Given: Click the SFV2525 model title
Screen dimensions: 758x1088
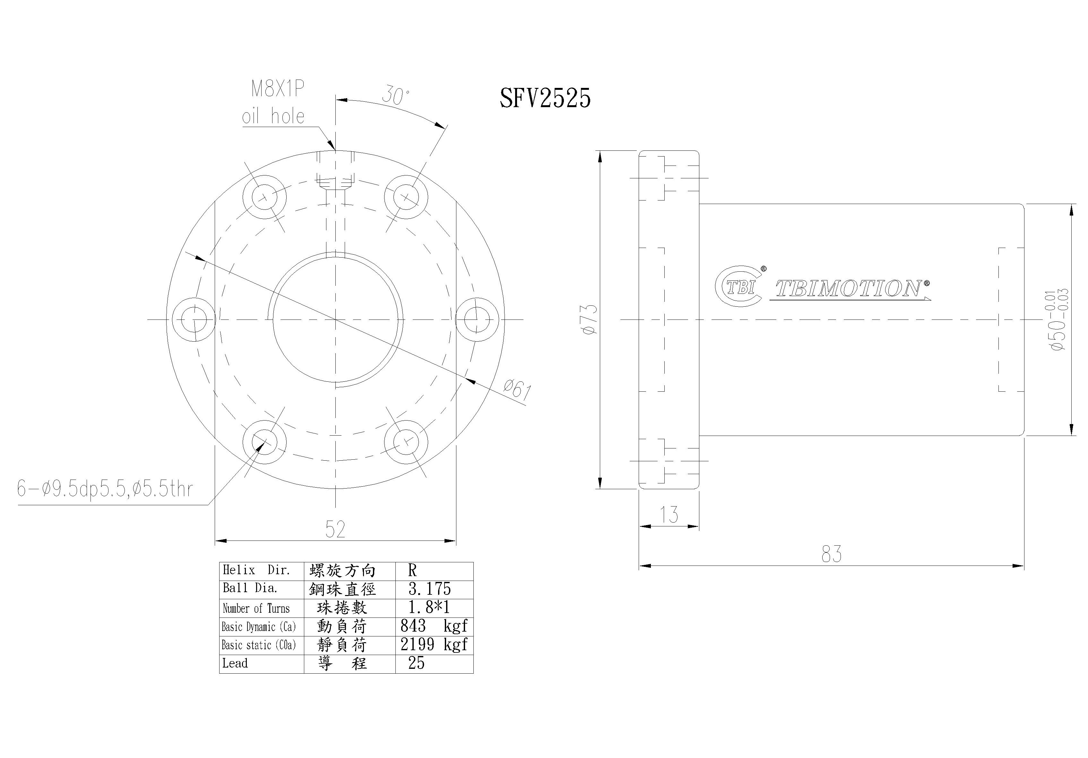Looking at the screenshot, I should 545,98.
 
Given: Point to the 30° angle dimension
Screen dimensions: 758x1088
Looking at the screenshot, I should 395,95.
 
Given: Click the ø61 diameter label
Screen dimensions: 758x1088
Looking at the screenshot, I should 517,390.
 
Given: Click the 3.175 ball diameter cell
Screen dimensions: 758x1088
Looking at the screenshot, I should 430,589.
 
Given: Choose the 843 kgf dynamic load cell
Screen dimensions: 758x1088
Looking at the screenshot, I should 434,626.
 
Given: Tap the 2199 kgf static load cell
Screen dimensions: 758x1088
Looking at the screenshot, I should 434,644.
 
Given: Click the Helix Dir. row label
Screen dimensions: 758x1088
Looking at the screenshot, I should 256,570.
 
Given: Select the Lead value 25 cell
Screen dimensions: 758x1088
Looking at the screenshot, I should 417,663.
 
